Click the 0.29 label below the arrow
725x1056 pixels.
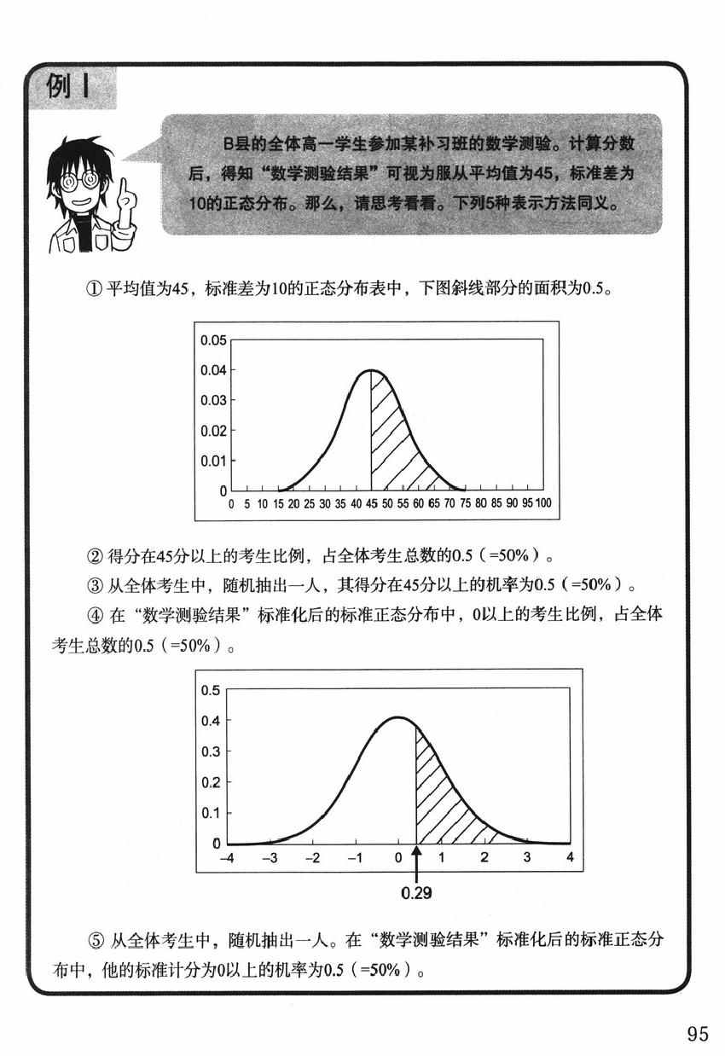[x=416, y=894]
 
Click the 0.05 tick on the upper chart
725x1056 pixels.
[x=213, y=339]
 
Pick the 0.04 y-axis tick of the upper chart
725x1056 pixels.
[x=213, y=370]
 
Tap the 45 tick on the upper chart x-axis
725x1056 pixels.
[x=372, y=504]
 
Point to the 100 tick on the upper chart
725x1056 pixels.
[x=543, y=504]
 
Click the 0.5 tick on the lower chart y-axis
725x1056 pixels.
[x=211, y=689]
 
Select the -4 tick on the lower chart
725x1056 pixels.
[x=227, y=857]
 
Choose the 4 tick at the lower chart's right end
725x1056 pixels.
[x=570, y=857]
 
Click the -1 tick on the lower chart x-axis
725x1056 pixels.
[x=356, y=857]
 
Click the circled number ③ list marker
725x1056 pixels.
[x=94, y=585]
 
